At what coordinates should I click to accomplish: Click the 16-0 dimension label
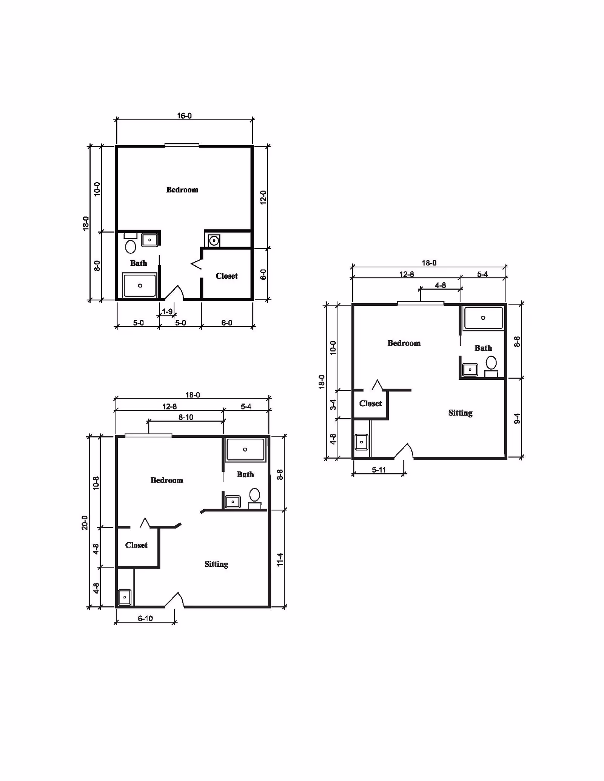click(x=184, y=115)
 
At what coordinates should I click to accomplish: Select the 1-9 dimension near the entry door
click(x=167, y=311)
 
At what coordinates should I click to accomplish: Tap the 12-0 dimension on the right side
click(x=263, y=198)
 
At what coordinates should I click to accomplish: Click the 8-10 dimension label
click(x=186, y=417)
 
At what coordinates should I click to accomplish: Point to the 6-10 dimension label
click(x=145, y=618)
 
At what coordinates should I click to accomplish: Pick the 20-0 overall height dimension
click(x=85, y=523)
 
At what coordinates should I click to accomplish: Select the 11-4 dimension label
click(x=280, y=560)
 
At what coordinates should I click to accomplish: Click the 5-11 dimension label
click(x=379, y=470)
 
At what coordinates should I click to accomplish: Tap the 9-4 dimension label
click(x=517, y=418)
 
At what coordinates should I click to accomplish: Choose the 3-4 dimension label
click(x=333, y=405)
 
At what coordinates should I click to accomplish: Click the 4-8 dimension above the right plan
click(x=440, y=285)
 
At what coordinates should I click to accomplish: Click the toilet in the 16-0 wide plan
click(x=131, y=247)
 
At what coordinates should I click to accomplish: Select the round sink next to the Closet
click(x=214, y=240)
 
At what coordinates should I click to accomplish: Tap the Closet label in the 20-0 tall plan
click(x=136, y=545)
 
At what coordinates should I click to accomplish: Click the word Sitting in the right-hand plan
click(x=460, y=413)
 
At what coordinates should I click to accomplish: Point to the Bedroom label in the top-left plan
click(x=182, y=190)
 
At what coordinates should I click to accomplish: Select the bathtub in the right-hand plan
click(x=483, y=318)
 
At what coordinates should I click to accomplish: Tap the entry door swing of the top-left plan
click(x=175, y=293)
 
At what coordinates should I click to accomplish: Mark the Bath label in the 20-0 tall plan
click(x=245, y=474)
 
